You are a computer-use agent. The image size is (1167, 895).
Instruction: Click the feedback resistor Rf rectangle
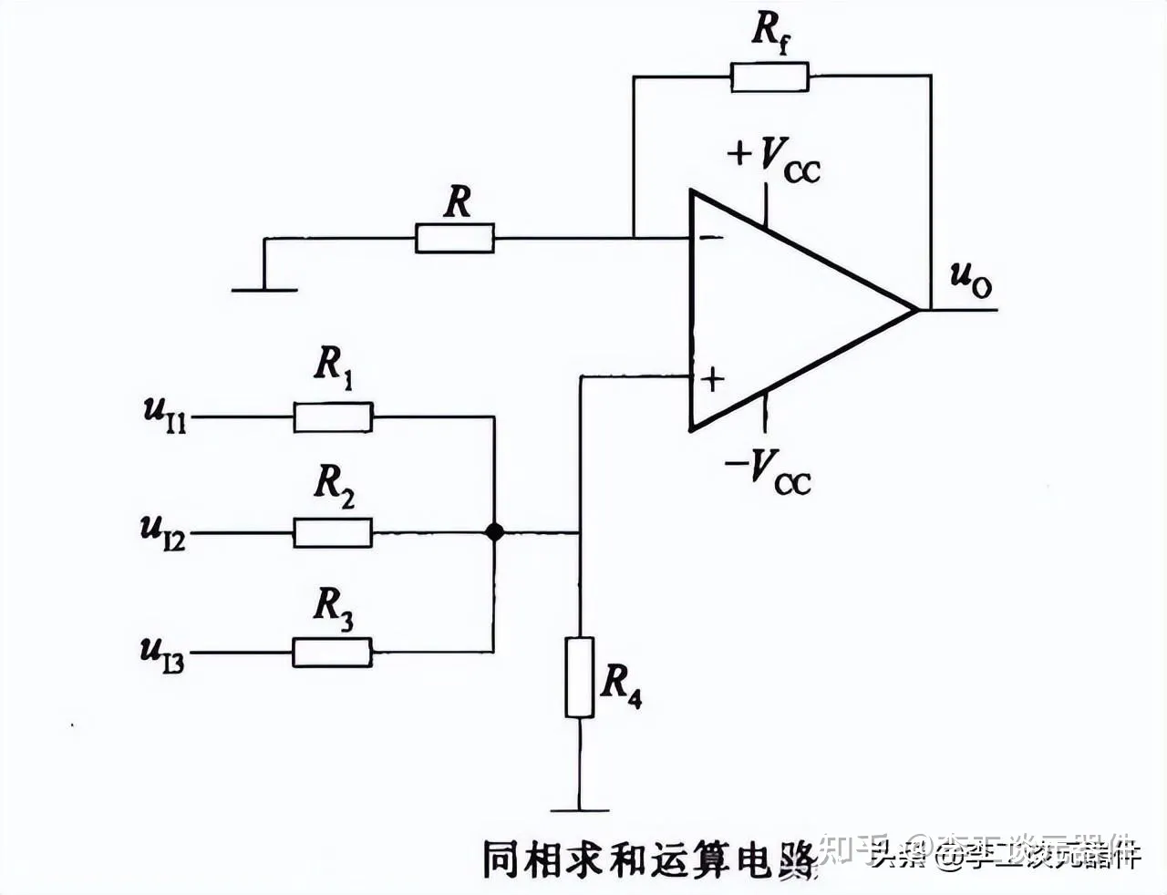[769, 77]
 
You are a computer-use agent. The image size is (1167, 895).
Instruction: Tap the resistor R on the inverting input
[455, 239]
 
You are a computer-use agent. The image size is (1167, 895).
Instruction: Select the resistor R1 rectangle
[333, 417]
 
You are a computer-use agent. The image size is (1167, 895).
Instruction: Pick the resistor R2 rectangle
[333, 532]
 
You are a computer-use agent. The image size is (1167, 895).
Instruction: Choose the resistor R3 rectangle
[333, 653]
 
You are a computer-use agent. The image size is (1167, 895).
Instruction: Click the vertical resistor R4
[579, 677]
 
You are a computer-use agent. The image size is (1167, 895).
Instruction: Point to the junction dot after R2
[494, 532]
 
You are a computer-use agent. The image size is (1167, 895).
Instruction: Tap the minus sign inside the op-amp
[709, 239]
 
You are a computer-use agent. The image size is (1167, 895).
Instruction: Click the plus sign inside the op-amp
[711, 378]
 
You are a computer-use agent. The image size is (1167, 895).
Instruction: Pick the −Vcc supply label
[768, 472]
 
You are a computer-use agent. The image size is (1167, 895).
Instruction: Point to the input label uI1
[165, 415]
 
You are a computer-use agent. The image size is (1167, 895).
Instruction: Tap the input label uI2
[163, 531]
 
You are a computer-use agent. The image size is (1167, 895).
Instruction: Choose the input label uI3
[162, 654]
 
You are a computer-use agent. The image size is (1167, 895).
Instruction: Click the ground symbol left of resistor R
[264, 289]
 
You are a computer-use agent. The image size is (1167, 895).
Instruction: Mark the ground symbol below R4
[579, 808]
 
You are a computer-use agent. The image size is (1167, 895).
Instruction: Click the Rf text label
[770, 32]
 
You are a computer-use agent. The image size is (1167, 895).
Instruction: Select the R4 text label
[621, 684]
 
